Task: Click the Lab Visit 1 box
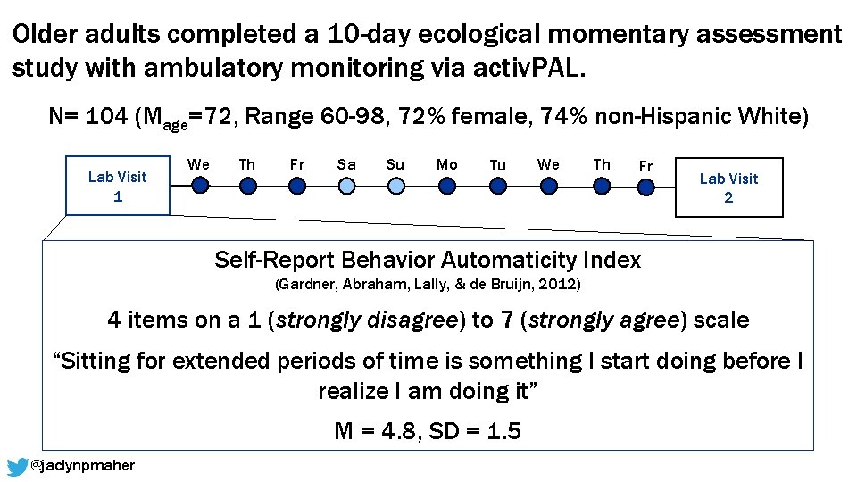pyautogui.click(x=118, y=187)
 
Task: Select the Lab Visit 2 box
pyautogui.click(x=728, y=187)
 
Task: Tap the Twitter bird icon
pyautogui.click(x=17, y=466)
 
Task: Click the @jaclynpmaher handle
pyautogui.click(x=82, y=466)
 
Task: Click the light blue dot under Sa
pyautogui.click(x=346, y=185)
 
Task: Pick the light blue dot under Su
pyautogui.click(x=395, y=185)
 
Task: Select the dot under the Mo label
pyautogui.click(x=446, y=185)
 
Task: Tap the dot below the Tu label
pyautogui.click(x=497, y=185)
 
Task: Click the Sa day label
pyautogui.click(x=346, y=164)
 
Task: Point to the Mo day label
pyautogui.click(x=446, y=164)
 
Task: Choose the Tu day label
pyautogui.click(x=497, y=165)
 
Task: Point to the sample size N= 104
pyautogui.click(x=87, y=117)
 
